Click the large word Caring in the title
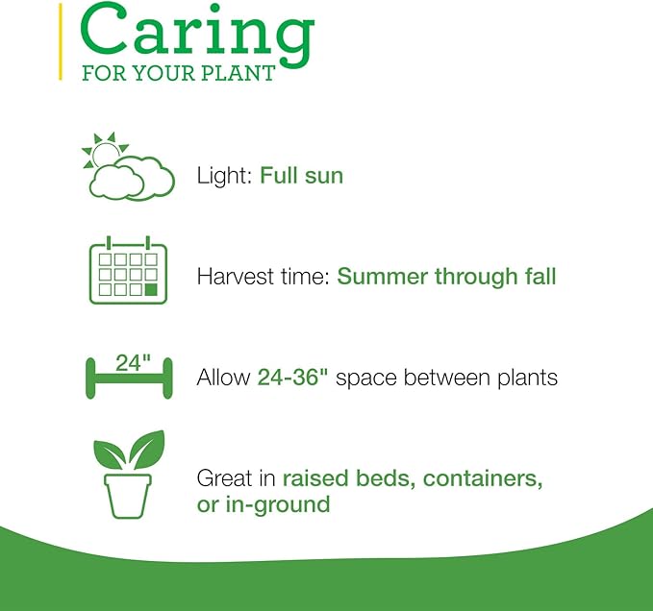click(x=197, y=35)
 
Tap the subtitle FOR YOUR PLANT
click(x=179, y=73)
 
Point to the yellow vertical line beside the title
click(x=61, y=41)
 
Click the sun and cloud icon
click(x=128, y=166)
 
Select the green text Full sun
click(x=302, y=176)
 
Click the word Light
click(x=224, y=176)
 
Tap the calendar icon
click(x=128, y=270)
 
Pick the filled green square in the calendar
click(x=151, y=289)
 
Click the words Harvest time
click(x=264, y=276)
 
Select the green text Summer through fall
click(x=446, y=277)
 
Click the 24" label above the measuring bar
click(x=133, y=363)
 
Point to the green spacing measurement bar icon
click(x=129, y=378)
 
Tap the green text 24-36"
click(x=292, y=377)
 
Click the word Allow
click(x=223, y=378)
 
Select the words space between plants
click(x=446, y=379)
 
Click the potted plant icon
click(x=129, y=475)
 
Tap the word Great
click(x=225, y=477)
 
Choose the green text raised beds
click(x=350, y=478)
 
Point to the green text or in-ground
click(x=264, y=504)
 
